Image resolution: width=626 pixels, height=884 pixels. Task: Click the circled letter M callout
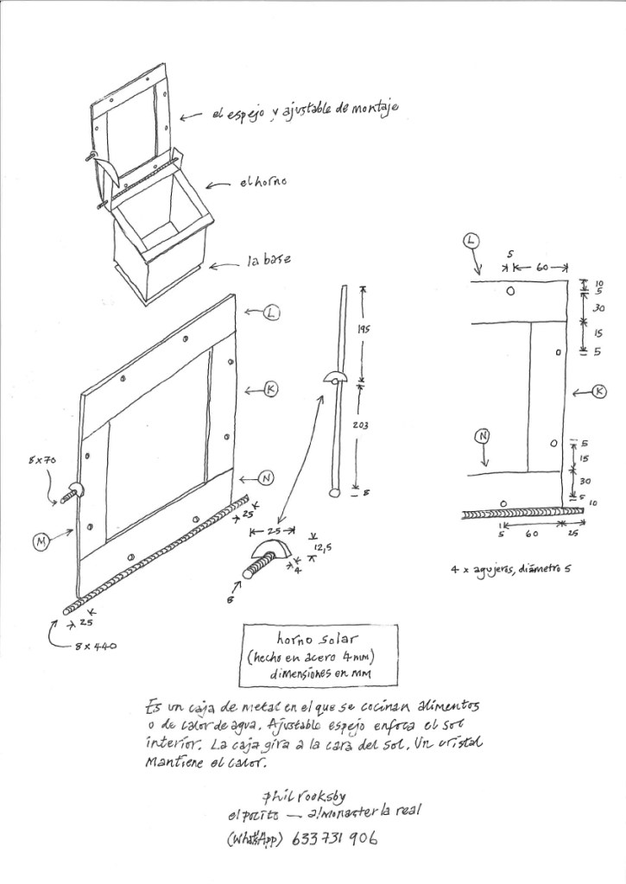(x=41, y=541)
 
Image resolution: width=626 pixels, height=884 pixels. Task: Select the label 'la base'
(x=269, y=259)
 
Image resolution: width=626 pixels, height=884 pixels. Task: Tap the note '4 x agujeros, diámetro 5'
(x=510, y=570)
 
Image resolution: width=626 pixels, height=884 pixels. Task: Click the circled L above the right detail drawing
(x=471, y=240)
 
